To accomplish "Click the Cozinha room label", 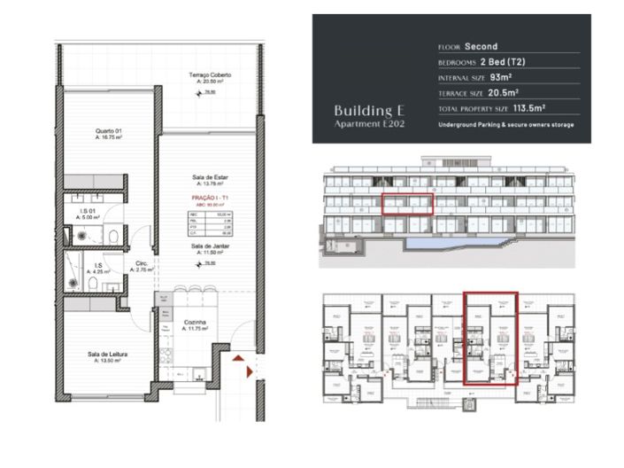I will [x=195, y=324].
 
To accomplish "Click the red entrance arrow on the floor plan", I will [x=239, y=360].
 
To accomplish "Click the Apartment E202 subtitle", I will [x=367, y=124].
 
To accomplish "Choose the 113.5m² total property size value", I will [x=533, y=108].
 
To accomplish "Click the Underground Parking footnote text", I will [x=505, y=125].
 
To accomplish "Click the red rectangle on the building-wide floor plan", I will [x=490, y=339].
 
